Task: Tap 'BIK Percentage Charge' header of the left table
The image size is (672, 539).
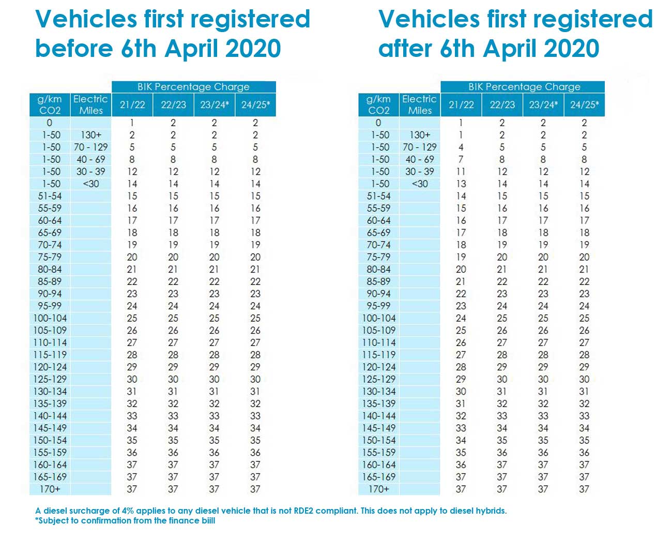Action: point(193,87)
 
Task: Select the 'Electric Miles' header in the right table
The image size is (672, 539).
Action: point(419,104)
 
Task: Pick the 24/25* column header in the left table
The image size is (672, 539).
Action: point(255,104)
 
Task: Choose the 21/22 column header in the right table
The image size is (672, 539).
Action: point(461,104)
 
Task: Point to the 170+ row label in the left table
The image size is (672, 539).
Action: point(50,489)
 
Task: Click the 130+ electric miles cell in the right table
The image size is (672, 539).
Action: point(419,135)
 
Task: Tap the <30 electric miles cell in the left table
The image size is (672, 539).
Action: point(90,184)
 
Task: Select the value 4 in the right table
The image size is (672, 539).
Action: point(461,147)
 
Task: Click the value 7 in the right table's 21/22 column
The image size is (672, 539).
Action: point(461,159)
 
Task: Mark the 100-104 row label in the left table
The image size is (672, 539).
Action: point(50,318)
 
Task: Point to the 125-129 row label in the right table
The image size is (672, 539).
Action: point(378,379)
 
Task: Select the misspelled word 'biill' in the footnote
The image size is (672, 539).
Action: point(205,520)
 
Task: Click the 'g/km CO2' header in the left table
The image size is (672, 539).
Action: point(50,104)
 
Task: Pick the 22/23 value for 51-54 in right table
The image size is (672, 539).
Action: point(502,196)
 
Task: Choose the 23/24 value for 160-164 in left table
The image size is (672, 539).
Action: point(214,465)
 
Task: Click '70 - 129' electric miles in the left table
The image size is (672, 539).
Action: point(90,147)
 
